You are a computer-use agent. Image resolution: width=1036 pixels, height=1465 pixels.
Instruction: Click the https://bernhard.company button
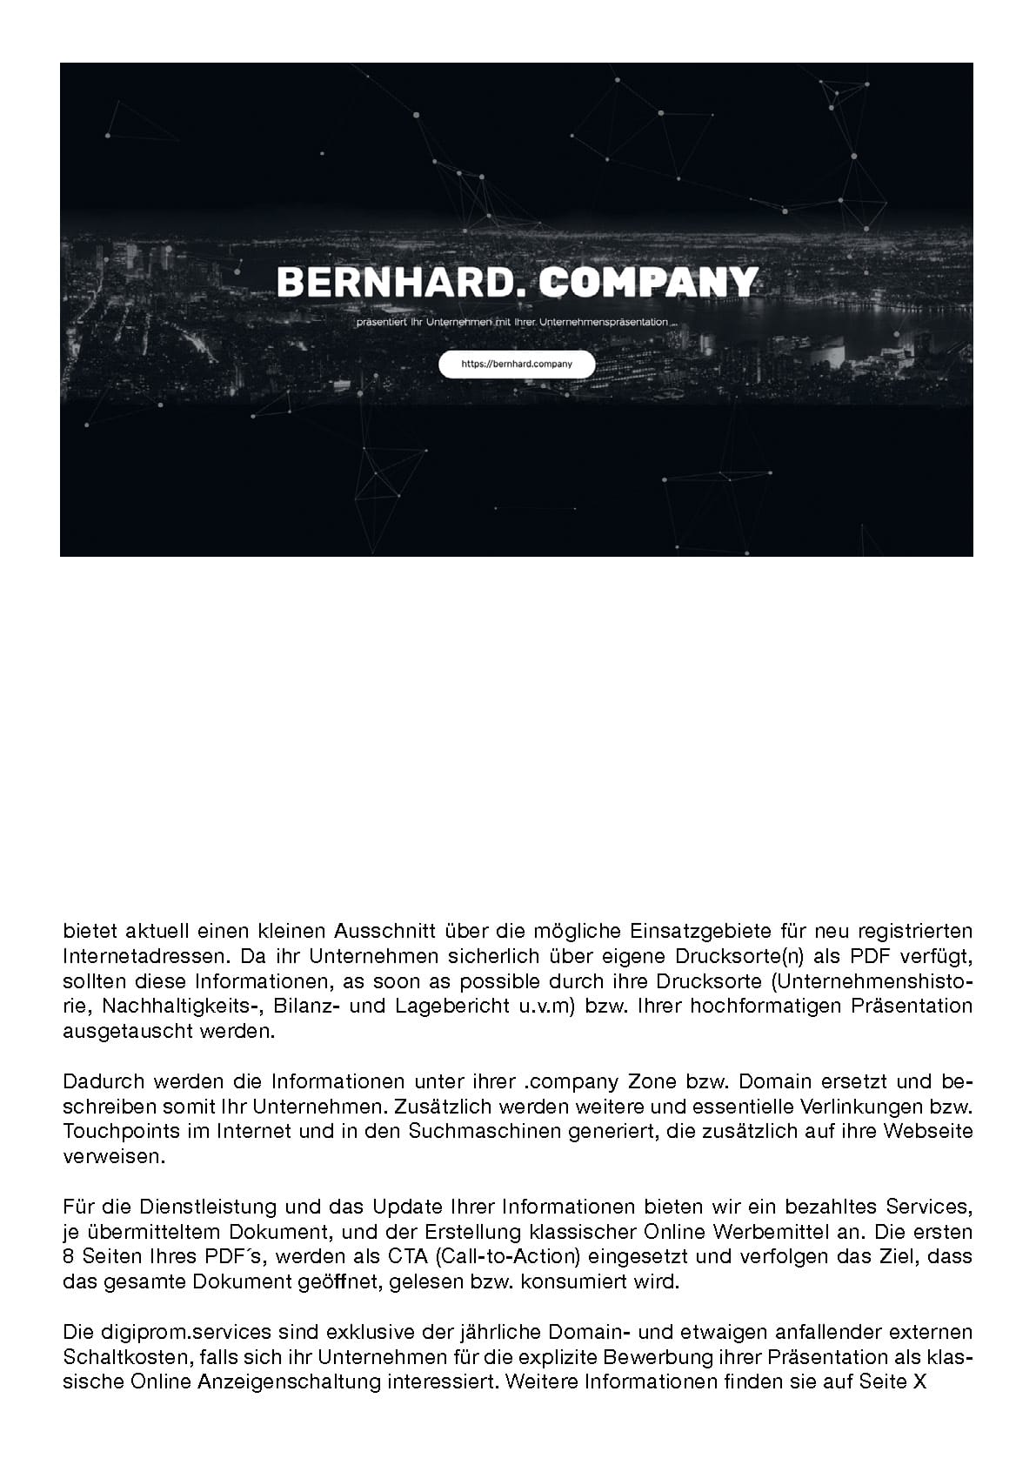coord(517,365)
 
